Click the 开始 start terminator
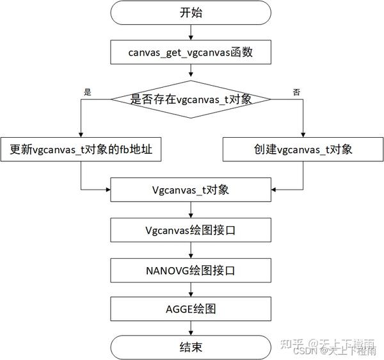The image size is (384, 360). click(x=190, y=12)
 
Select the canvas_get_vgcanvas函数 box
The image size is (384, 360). click(x=190, y=52)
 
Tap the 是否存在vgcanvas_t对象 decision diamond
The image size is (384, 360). click(x=191, y=99)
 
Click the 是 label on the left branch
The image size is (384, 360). click(x=88, y=92)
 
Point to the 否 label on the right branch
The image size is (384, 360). click(x=296, y=92)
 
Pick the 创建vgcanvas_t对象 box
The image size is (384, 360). click(x=303, y=150)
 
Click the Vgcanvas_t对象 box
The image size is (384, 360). click(x=190, y=190)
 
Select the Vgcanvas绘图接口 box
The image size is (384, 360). click(x=190, y=229)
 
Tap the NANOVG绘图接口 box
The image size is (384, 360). click(x=190, y=269)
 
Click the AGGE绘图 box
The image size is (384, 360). click(x=190, y=308)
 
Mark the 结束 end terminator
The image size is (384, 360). click(x=190, y=348)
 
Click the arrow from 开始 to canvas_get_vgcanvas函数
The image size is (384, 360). click(x=190, y=31)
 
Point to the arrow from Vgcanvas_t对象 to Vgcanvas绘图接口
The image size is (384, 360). click(x=190, y=209)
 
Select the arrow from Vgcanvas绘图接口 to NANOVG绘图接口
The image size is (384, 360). click(x=190, y=249)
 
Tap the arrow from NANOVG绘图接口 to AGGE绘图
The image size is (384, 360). click(x=190, y=289)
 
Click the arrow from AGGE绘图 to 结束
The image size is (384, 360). click(x=190, y=328)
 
